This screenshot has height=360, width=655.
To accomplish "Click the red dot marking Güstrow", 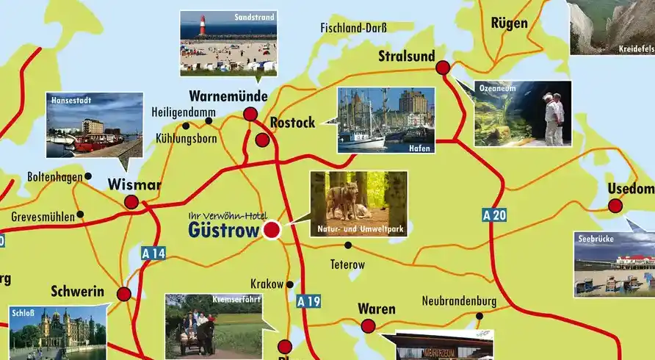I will pyautogui.click(x=272, y=230).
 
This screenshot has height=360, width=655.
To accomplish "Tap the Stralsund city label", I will pyautogui.click(x=406, y=56).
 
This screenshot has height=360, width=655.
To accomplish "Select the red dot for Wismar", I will pyautogui.click(x=131, y=202).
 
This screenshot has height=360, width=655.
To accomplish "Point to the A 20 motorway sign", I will pyautogui.click(x=495, y=215).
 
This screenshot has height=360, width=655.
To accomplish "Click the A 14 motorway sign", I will pyautogui.click(x=154, y=253).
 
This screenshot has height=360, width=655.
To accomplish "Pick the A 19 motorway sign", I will pyautogui.click(x=309, y=300).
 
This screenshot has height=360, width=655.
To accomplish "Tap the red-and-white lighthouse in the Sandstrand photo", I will pyautogui.click(x=202, y=26).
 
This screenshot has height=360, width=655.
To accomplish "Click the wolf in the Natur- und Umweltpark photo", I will pyautogui.click(x=343, y=199).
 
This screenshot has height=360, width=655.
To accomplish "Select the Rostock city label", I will pyautogui.click(x=292, y=123).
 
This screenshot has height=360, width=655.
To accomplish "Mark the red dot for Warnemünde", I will pyautogui.click(x=250, y=114).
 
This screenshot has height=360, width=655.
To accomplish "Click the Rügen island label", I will pyautogui.click(x=510, y=23).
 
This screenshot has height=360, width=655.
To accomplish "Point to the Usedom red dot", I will pyautogui.click(x=615, y=206).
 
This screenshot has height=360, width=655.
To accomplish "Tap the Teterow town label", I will pyautogui.click(x=347, y=263).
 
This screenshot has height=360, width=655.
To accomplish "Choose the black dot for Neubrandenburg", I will pyautogui.click(x=480, y=316).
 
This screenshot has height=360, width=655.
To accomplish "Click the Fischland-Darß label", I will pyautogui.click(x=353, y=29).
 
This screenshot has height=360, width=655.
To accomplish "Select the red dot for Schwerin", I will pyautogui.click(x=123, y=294).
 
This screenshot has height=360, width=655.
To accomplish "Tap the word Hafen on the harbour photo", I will pyautogui.click(x=419, y=148).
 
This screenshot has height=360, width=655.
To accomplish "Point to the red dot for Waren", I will pyautogui.click(x=368, y=325).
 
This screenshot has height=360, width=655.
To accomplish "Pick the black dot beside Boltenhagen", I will pyautogui.click(x=88, y=176).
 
